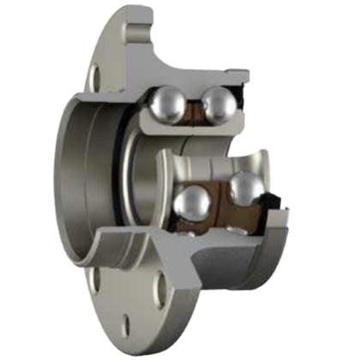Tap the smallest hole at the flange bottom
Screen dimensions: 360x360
pyautogui.click(x=126, y=323)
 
